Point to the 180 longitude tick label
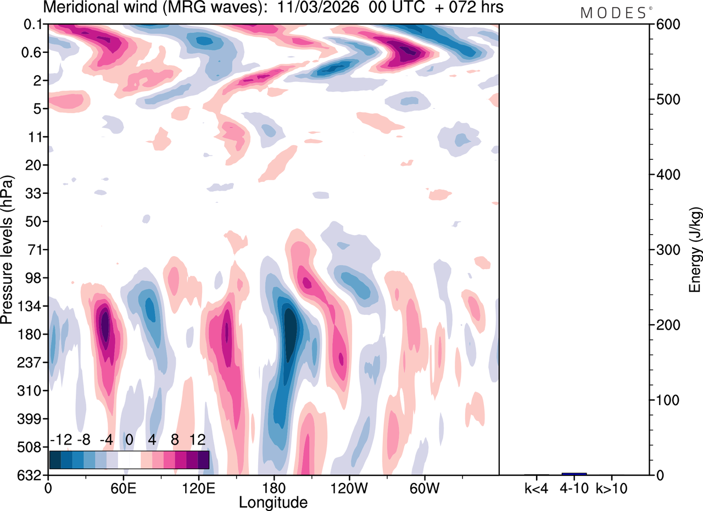[273, 487]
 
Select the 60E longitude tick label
[123, 487]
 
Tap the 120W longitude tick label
[348, 487]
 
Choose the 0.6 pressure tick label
[33, 53]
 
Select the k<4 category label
[537, 487]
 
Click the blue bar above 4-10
[574, 474]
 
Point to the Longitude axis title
[273, 502]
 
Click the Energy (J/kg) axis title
[695, 250]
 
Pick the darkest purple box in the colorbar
[203, 459]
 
